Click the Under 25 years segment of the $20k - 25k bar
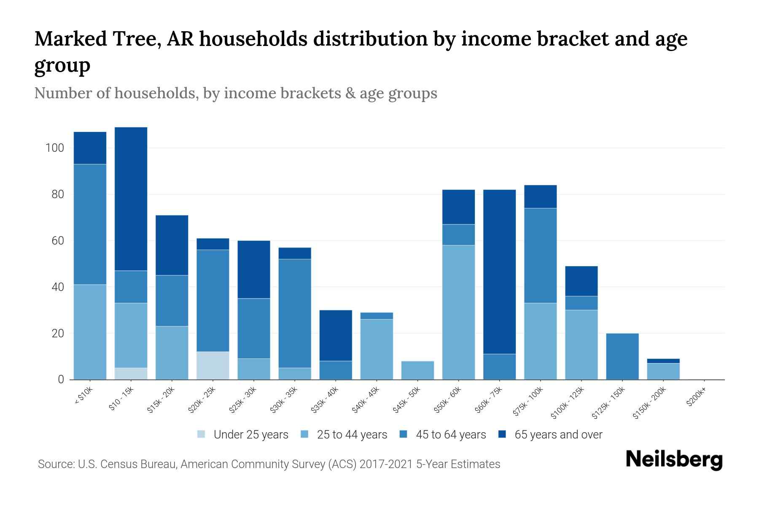213,366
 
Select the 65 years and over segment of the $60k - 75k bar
499,272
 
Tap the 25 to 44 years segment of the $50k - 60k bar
458,312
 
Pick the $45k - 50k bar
417,370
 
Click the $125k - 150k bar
622,356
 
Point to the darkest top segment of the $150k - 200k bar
663,361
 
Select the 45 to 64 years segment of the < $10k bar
90,224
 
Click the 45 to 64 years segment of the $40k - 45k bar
377,316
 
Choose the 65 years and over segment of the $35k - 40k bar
336,336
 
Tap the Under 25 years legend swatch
202,434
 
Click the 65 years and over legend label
558,435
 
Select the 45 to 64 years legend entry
443,435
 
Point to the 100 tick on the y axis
55,148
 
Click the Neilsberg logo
674,460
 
